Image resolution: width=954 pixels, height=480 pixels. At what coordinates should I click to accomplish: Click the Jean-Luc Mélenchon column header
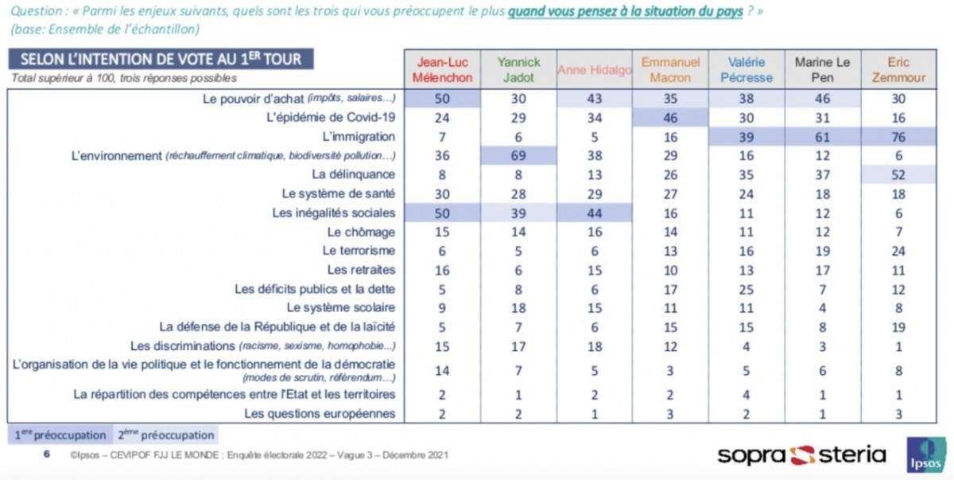(442, 70)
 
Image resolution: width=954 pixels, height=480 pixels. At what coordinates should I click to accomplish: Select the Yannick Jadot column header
(518, 70)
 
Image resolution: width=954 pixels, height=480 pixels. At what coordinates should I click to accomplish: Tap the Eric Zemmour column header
(898, 70)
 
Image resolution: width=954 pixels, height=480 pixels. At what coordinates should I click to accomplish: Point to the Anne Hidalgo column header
(594, 70)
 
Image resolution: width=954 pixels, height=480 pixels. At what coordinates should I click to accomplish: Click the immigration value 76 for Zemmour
(898, 137)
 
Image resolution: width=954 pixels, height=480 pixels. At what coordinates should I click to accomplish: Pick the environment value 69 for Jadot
(518, 155)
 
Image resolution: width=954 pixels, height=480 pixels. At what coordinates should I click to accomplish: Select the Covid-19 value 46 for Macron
(670, 118)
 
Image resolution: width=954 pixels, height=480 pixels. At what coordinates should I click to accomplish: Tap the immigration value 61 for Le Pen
(822, 137)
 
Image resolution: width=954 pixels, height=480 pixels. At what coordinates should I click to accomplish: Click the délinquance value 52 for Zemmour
(898, 175)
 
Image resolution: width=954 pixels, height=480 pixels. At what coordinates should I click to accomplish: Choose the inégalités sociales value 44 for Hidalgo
(594, 213)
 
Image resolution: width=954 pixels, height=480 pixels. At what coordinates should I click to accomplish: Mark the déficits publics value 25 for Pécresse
(747, 290)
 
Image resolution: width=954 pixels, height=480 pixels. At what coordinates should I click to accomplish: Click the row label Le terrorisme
(359, 251)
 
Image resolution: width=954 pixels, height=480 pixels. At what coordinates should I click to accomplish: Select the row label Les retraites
(361, 270)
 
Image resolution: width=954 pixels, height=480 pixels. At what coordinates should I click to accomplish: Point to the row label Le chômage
(361, 232)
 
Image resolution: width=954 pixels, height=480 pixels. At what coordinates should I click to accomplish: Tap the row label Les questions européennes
(320, 413)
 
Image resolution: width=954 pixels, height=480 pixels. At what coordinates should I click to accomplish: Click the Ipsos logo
(927, 455)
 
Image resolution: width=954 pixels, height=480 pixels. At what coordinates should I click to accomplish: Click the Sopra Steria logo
(801, 455)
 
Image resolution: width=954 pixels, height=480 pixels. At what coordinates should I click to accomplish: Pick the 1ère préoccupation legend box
(60, 435)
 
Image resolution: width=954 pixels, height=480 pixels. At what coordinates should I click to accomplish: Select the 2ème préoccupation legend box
(165, 435)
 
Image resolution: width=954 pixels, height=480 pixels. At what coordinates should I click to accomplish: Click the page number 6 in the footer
(47, 455)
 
